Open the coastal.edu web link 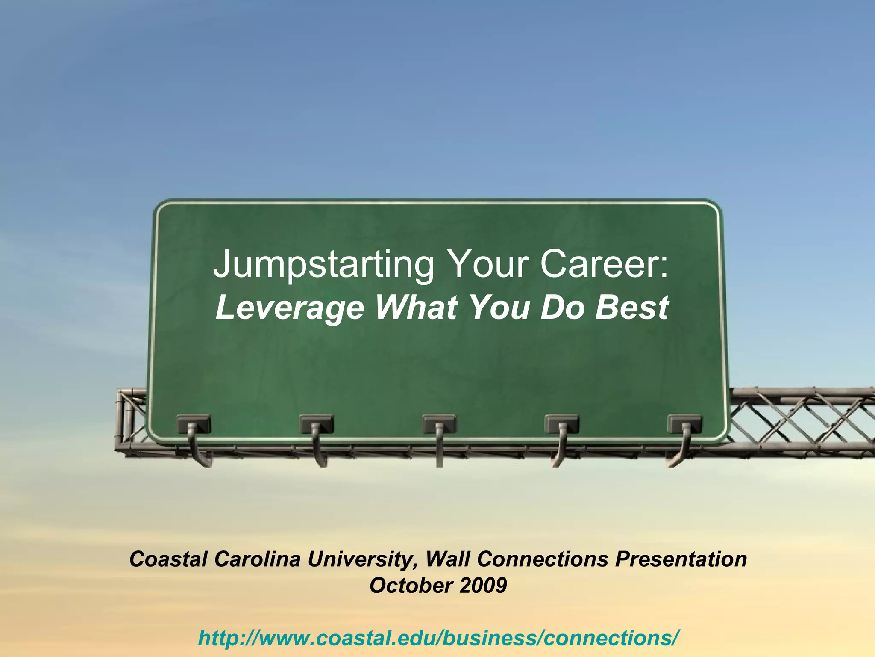[x=437, y=638]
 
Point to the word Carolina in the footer [x=257, y=559]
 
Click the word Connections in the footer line [x=542, y=559]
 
